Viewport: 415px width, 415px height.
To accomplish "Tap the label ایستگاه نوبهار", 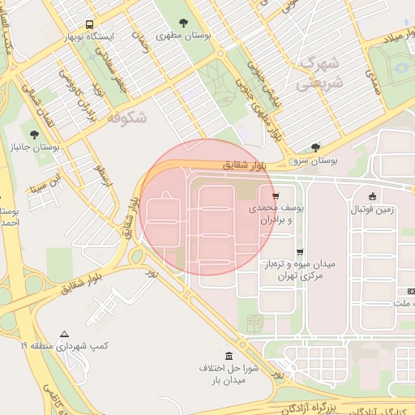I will click(90, 37).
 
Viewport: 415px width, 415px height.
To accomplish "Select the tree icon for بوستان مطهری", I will click(179, 23).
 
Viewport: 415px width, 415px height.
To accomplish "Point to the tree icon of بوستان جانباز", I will click(33, 135).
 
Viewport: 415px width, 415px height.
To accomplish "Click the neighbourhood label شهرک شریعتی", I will click(320, 72).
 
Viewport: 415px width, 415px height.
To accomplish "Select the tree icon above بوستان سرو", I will click(315, 148).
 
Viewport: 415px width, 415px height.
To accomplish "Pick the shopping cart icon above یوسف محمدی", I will click(276, 196).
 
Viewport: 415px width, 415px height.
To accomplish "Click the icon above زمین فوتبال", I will click(371, 196).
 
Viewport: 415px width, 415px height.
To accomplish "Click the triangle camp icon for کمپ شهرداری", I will click(65, 334).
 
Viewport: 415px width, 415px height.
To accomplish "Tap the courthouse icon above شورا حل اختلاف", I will click(229, 357).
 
